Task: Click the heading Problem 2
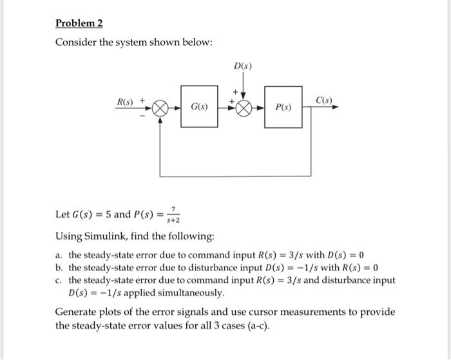tap(79, 24)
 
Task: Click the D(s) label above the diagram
tap(243, 66)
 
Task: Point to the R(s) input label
tap(124, 101)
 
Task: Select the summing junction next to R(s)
tap(159, 108)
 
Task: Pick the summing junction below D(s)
tap(243, 108)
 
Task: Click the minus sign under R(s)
tap(142, 117)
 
